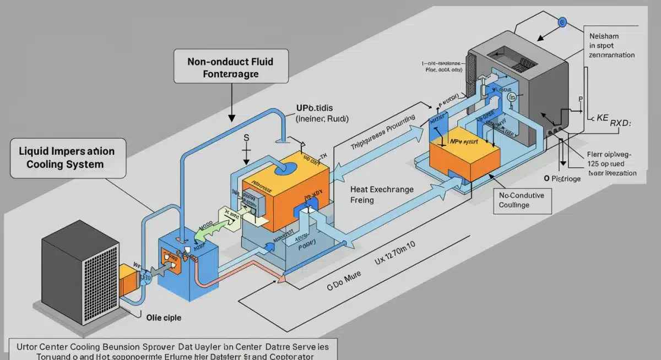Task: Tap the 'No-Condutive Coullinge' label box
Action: point(521,200)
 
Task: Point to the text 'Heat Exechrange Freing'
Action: point(382,194)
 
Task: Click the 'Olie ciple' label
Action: point(164,318)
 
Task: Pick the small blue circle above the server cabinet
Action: point(562,22)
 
